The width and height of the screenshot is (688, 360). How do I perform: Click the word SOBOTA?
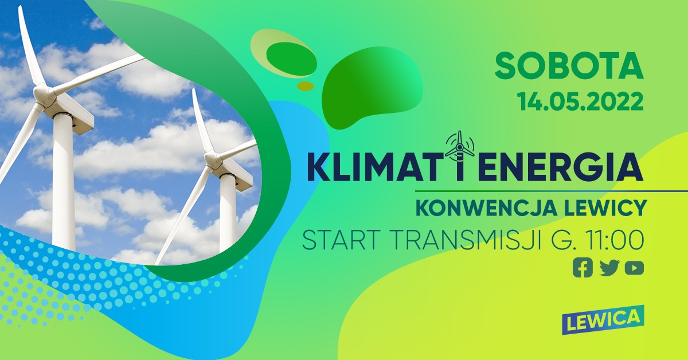[569, 66]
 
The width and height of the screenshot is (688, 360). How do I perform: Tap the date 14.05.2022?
[580, 102]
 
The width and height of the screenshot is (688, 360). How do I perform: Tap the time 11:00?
[613, 241]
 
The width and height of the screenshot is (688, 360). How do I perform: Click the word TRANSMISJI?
[465, 241]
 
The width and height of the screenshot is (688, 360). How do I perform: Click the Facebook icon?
[583, 268]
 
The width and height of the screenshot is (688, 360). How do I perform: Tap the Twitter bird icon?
[609, 268]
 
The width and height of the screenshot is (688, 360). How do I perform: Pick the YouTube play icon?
[634, 268]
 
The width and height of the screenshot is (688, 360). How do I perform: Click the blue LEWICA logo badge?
[603, 320]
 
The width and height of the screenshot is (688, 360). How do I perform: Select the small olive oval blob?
[306, 86]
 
